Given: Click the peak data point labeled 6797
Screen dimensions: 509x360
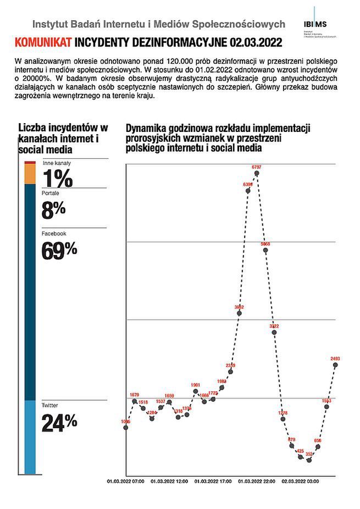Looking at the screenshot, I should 257,173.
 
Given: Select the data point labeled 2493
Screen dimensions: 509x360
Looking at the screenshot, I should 335,365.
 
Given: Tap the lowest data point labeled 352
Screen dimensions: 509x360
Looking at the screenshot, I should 309,460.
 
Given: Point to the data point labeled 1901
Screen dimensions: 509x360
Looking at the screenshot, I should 196,391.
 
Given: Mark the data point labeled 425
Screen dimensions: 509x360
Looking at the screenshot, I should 300,457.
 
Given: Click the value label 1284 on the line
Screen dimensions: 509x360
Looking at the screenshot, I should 152,412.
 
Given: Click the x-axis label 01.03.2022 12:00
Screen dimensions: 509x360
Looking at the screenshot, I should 169,480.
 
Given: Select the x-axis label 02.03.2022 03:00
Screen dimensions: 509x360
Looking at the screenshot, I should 300,480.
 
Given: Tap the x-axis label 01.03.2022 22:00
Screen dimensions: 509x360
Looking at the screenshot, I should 257,480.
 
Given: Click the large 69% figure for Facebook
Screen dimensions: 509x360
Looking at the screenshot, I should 59,250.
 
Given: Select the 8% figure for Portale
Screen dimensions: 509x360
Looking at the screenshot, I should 54,209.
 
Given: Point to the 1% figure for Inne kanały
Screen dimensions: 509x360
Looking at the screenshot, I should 57,179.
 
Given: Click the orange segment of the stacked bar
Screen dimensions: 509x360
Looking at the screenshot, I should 30,174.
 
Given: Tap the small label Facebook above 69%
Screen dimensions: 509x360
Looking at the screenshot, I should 53,234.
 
